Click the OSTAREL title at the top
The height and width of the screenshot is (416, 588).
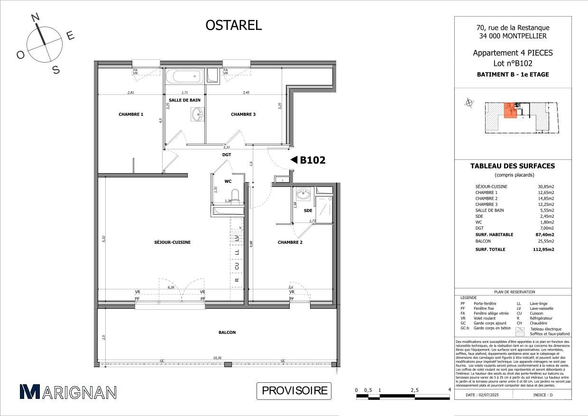tap(233, 25)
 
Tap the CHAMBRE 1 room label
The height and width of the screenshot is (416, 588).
tap(131, 114)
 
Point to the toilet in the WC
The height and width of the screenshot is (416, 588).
tap(234, 195)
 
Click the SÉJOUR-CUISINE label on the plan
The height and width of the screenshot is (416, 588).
tap(172, 242)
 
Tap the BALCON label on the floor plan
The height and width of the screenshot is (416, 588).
tap(227, 333)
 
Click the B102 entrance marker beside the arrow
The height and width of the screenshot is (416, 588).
tap(312, 160)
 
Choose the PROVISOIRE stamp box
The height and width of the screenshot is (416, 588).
tap(294, 391)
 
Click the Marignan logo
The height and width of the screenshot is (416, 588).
tap(68, 392)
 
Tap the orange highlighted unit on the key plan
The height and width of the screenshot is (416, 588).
tap(510, 110)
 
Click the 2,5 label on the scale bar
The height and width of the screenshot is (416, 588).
tap(414, 390)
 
